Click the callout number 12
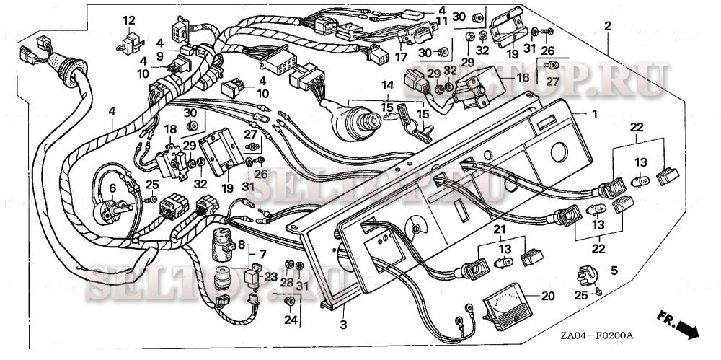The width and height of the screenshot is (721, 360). [x=129, y=19]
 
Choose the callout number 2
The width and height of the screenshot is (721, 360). [x=608, y=26]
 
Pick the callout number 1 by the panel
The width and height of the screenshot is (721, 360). [x=596, y=114]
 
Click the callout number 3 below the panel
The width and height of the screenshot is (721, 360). [x=343, y=325]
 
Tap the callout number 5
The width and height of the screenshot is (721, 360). [x=614, y=271]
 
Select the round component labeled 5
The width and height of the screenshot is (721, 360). [x=587, y=275]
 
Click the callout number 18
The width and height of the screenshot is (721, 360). [x=170, y=129]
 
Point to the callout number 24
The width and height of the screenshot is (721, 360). [x=290, y=320]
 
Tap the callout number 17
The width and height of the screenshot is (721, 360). [x=401, y=56]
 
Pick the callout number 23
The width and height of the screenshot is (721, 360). [x=271, y=276]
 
